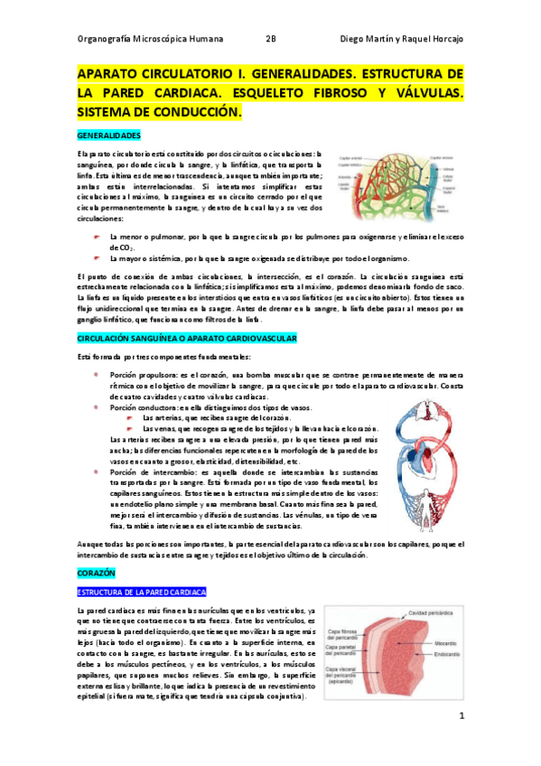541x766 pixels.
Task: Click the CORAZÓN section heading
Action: (x=95, y=574)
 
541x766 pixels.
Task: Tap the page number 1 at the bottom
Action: (x=461, y=717)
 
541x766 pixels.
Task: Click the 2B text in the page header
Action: (x=272, y=39)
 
